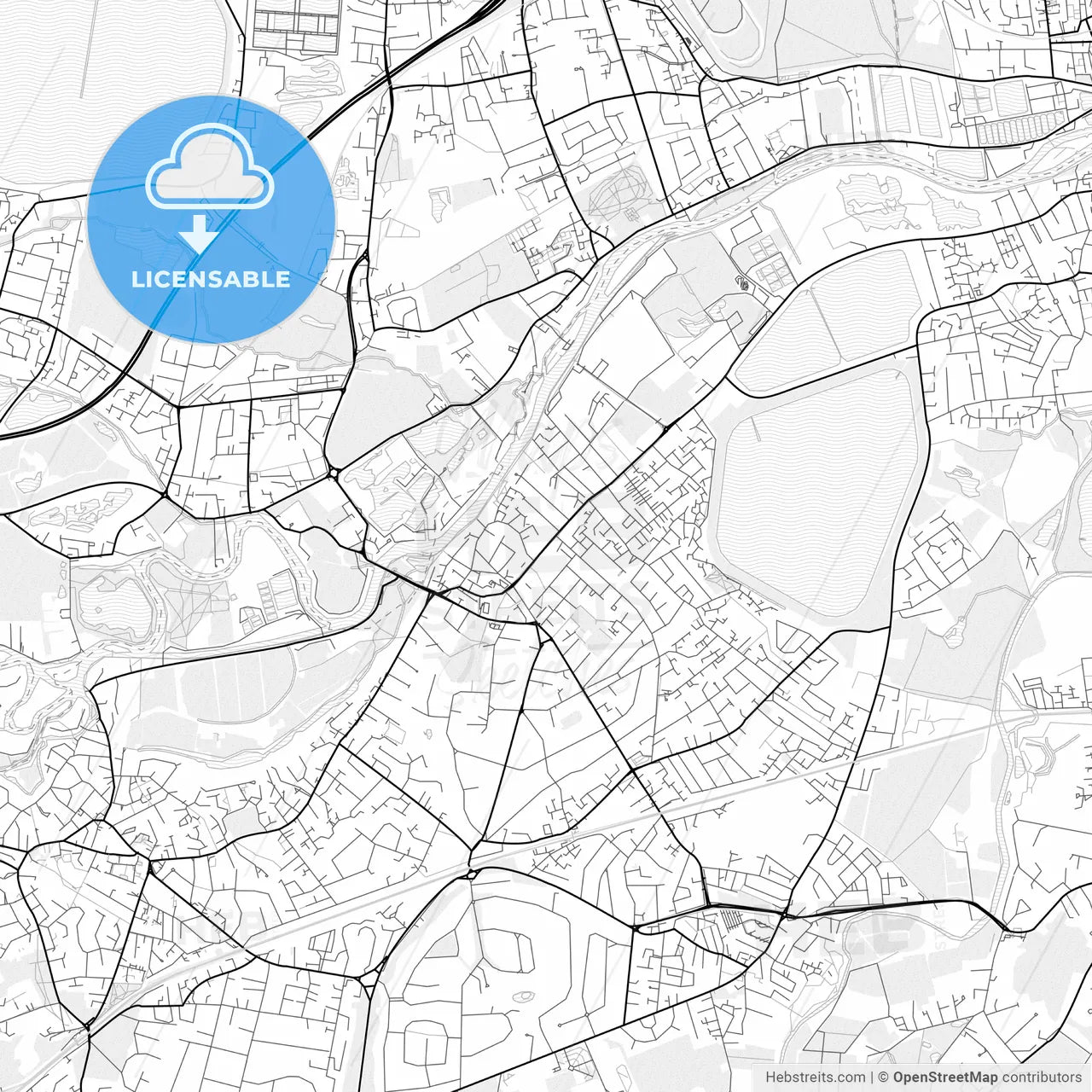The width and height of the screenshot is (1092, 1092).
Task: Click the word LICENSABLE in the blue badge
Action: point(211,279)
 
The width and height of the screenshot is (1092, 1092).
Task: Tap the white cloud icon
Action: point(210,171)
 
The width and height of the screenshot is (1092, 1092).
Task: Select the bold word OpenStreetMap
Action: point(945,1077)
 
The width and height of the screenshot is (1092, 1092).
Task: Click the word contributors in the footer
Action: point(1041,1077)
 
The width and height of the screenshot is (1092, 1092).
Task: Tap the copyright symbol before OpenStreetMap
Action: point(884,1077)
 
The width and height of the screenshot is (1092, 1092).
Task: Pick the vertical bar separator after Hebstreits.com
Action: point(872,1077)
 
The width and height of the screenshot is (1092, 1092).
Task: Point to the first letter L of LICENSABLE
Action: point(136,279)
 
